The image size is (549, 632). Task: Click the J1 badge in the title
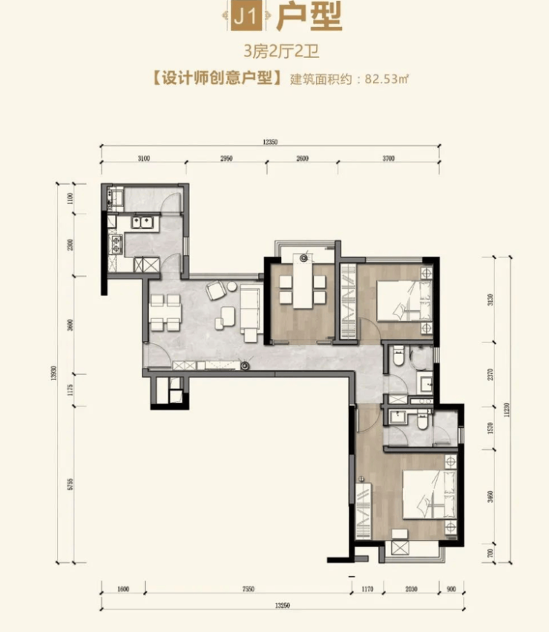tap(246, 16)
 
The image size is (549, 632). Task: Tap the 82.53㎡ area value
tap(387, 79)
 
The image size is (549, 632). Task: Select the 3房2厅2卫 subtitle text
tap(281, 52)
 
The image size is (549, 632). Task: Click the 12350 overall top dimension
tap(270, 142)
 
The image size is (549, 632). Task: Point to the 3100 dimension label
tap(143, 159)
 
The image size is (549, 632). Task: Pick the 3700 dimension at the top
tap(389, 159)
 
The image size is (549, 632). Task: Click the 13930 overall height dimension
tap(53, 373)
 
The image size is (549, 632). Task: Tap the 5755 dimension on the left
tap(70, 484)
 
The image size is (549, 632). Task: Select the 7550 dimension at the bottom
tap(249, 589)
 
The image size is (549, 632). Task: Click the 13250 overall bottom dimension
tap(282, 605)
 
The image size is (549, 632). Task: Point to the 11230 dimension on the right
tap(507, 409)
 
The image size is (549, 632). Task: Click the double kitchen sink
tap(141, 223)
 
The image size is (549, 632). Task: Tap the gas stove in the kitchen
tap(116, 244)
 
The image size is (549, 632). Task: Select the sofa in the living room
tap(251, 308)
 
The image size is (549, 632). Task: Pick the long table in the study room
tap(303, 284)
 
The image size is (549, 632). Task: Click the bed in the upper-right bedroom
tap(404, 300)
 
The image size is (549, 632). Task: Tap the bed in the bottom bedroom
tap(430, 494)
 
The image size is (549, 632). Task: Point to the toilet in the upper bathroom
tap(398, 356)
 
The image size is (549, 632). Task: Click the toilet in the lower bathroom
tap(422, 421)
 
